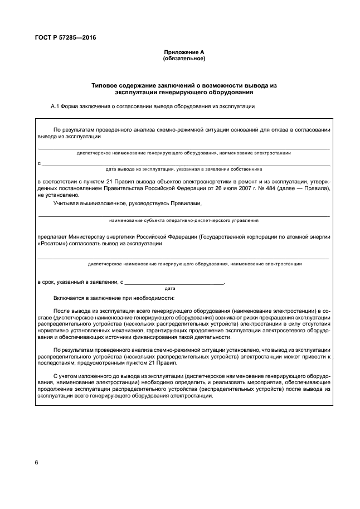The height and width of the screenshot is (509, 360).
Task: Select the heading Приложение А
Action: [183, 51]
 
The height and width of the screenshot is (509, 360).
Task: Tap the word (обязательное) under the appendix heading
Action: [183, 57]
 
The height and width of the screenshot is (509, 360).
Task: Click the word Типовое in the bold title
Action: [104, 85]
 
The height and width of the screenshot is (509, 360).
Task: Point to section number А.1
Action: [56, 106]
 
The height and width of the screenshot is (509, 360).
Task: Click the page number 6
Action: [36, 463]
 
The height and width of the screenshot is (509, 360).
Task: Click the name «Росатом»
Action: [52, 243]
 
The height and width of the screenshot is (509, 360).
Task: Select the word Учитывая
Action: [66, 203]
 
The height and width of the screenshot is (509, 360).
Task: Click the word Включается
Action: [70, 298]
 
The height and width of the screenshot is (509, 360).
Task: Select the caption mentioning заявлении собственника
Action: [183, 168]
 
